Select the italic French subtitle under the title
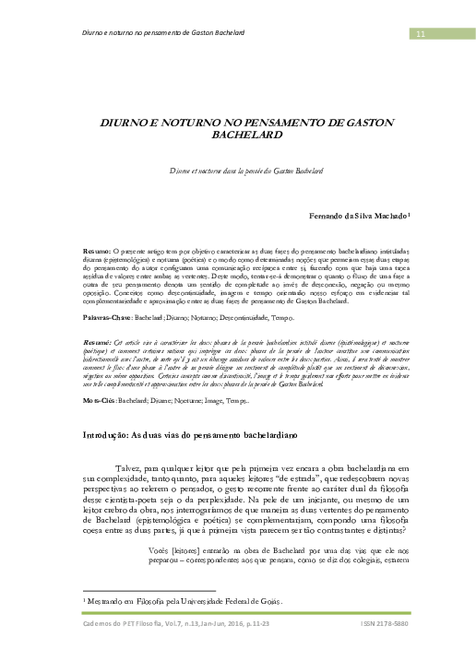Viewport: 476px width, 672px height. click(x=237, y=171)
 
